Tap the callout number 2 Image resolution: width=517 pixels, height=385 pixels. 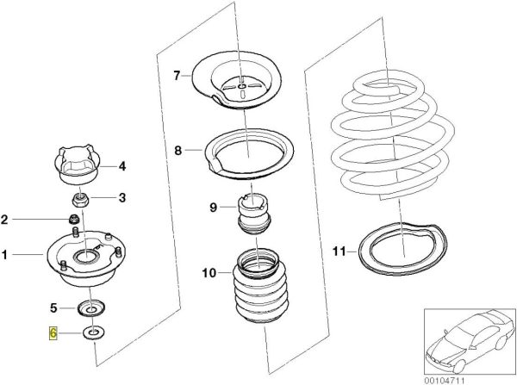coord(7,220)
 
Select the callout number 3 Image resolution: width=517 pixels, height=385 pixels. coord(121,197)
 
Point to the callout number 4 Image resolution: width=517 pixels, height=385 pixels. coord(121,165)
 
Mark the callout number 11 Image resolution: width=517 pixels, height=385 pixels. coord(339,251)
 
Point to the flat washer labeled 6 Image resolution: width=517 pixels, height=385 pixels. coord(90,333)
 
